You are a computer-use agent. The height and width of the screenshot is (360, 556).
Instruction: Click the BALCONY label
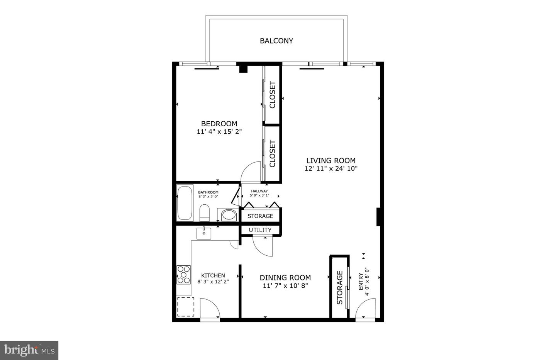(x=276, y=41)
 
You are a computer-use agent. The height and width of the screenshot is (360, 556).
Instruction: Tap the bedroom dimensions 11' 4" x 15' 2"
(x=219, y=132)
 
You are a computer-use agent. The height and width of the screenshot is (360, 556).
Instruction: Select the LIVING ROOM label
(x=331, y=160)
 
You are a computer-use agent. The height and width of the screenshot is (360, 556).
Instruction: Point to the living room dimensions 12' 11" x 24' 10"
(x=331, y=168)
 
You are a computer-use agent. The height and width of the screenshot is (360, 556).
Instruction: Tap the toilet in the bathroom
(x=204, y=213)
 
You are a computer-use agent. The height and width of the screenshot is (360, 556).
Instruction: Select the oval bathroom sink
(x=229, y=215)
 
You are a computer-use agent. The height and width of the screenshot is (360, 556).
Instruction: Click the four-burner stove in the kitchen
(x=183, y=275)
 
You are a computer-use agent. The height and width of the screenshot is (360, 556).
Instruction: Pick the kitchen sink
(x=204, y=233)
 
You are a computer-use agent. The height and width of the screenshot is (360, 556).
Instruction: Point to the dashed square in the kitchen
(x=186, y=307)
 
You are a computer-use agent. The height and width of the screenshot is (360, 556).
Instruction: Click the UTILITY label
(x=260, y=230)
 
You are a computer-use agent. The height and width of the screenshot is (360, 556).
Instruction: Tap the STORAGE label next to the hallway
(x=260, y=216)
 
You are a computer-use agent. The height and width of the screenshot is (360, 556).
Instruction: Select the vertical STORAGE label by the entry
(x=340, y=288)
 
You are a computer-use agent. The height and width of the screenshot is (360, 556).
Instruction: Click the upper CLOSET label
(x=273, y=95)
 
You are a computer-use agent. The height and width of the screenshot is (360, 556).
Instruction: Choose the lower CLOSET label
(x=273, y=153)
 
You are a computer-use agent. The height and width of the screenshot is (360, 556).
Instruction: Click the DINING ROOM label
(x=285, y=278)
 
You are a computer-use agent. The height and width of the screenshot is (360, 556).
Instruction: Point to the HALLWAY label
(x=259, y=191)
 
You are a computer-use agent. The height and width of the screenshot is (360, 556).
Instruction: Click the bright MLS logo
(x=29, y=350)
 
